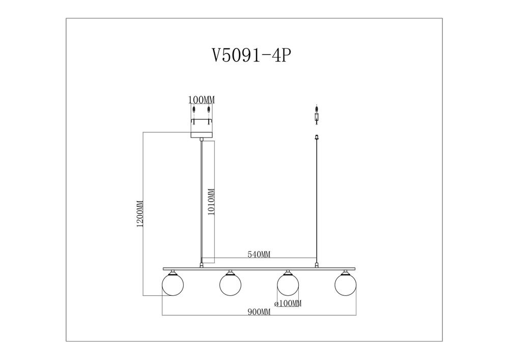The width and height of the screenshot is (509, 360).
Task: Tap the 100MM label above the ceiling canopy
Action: (202, 100)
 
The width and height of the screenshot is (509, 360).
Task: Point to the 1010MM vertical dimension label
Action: (211, 202)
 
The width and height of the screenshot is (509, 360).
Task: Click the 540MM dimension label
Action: (259, 255)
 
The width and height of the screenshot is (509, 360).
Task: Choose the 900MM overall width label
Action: (259, 312)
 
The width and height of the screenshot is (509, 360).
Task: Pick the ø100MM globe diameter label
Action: (288, 303)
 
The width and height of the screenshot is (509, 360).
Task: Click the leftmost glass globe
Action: (173, 285)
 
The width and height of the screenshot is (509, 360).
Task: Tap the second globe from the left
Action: (230, 285)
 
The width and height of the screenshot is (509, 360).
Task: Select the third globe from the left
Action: (288, 285)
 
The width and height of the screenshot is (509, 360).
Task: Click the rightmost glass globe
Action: (345, 285)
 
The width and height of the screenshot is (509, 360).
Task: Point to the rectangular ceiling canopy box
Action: (201, 129)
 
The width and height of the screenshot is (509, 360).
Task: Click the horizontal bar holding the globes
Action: (259, 268)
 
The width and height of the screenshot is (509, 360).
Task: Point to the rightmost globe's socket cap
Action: (346, 272)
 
